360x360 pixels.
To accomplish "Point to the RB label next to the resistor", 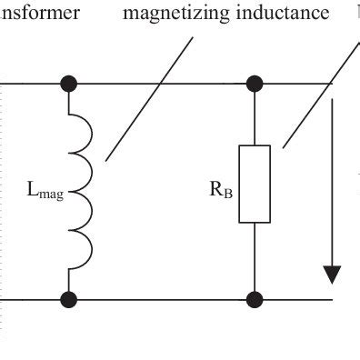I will [x=218, y=192].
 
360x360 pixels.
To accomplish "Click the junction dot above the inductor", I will [x=68, y=85].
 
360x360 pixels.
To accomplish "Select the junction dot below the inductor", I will [x=68, y=298].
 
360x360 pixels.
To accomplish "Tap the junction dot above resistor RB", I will [x=255, y=85].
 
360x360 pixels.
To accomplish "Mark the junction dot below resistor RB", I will [x=255, y=298].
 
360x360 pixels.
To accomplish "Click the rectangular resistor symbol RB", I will [x=255, y=183].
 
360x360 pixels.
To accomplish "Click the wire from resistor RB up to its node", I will [x=255, y=116].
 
